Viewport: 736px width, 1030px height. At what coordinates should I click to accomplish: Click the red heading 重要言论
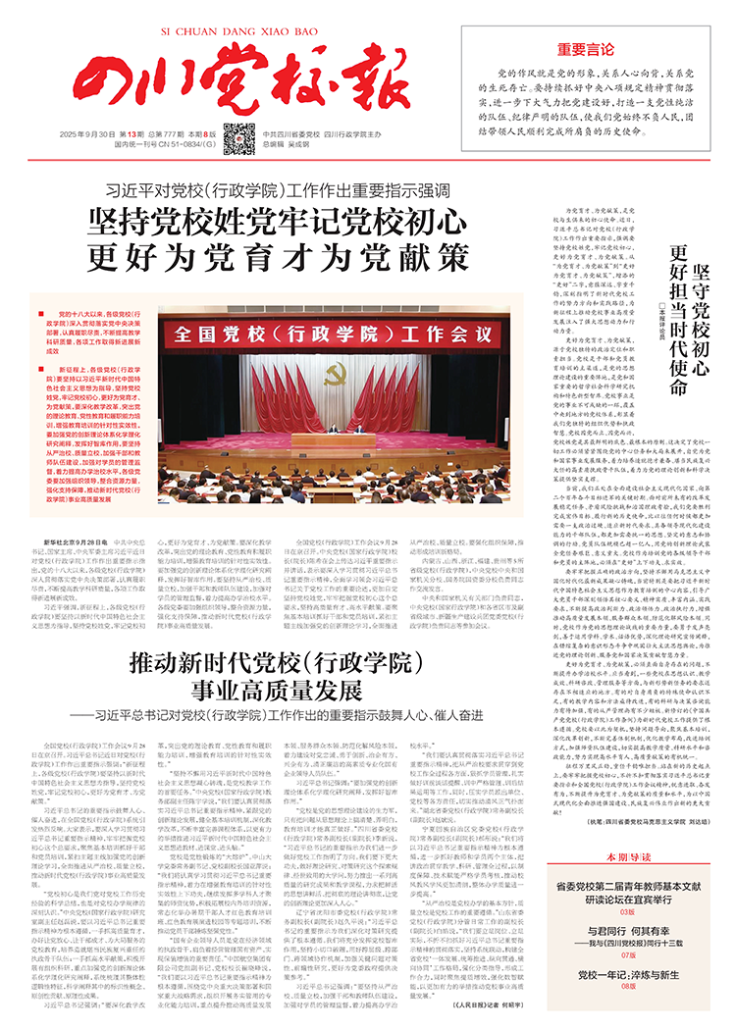(587, 47)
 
